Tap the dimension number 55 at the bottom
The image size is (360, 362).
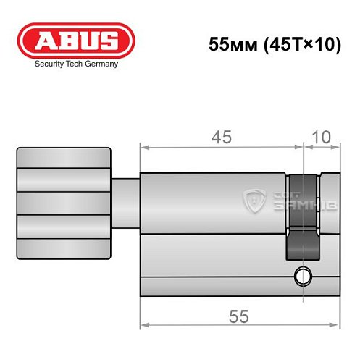click(236, 316)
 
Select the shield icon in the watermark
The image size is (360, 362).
click(253, 198)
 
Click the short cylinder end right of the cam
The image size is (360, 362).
click(329, 217)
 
